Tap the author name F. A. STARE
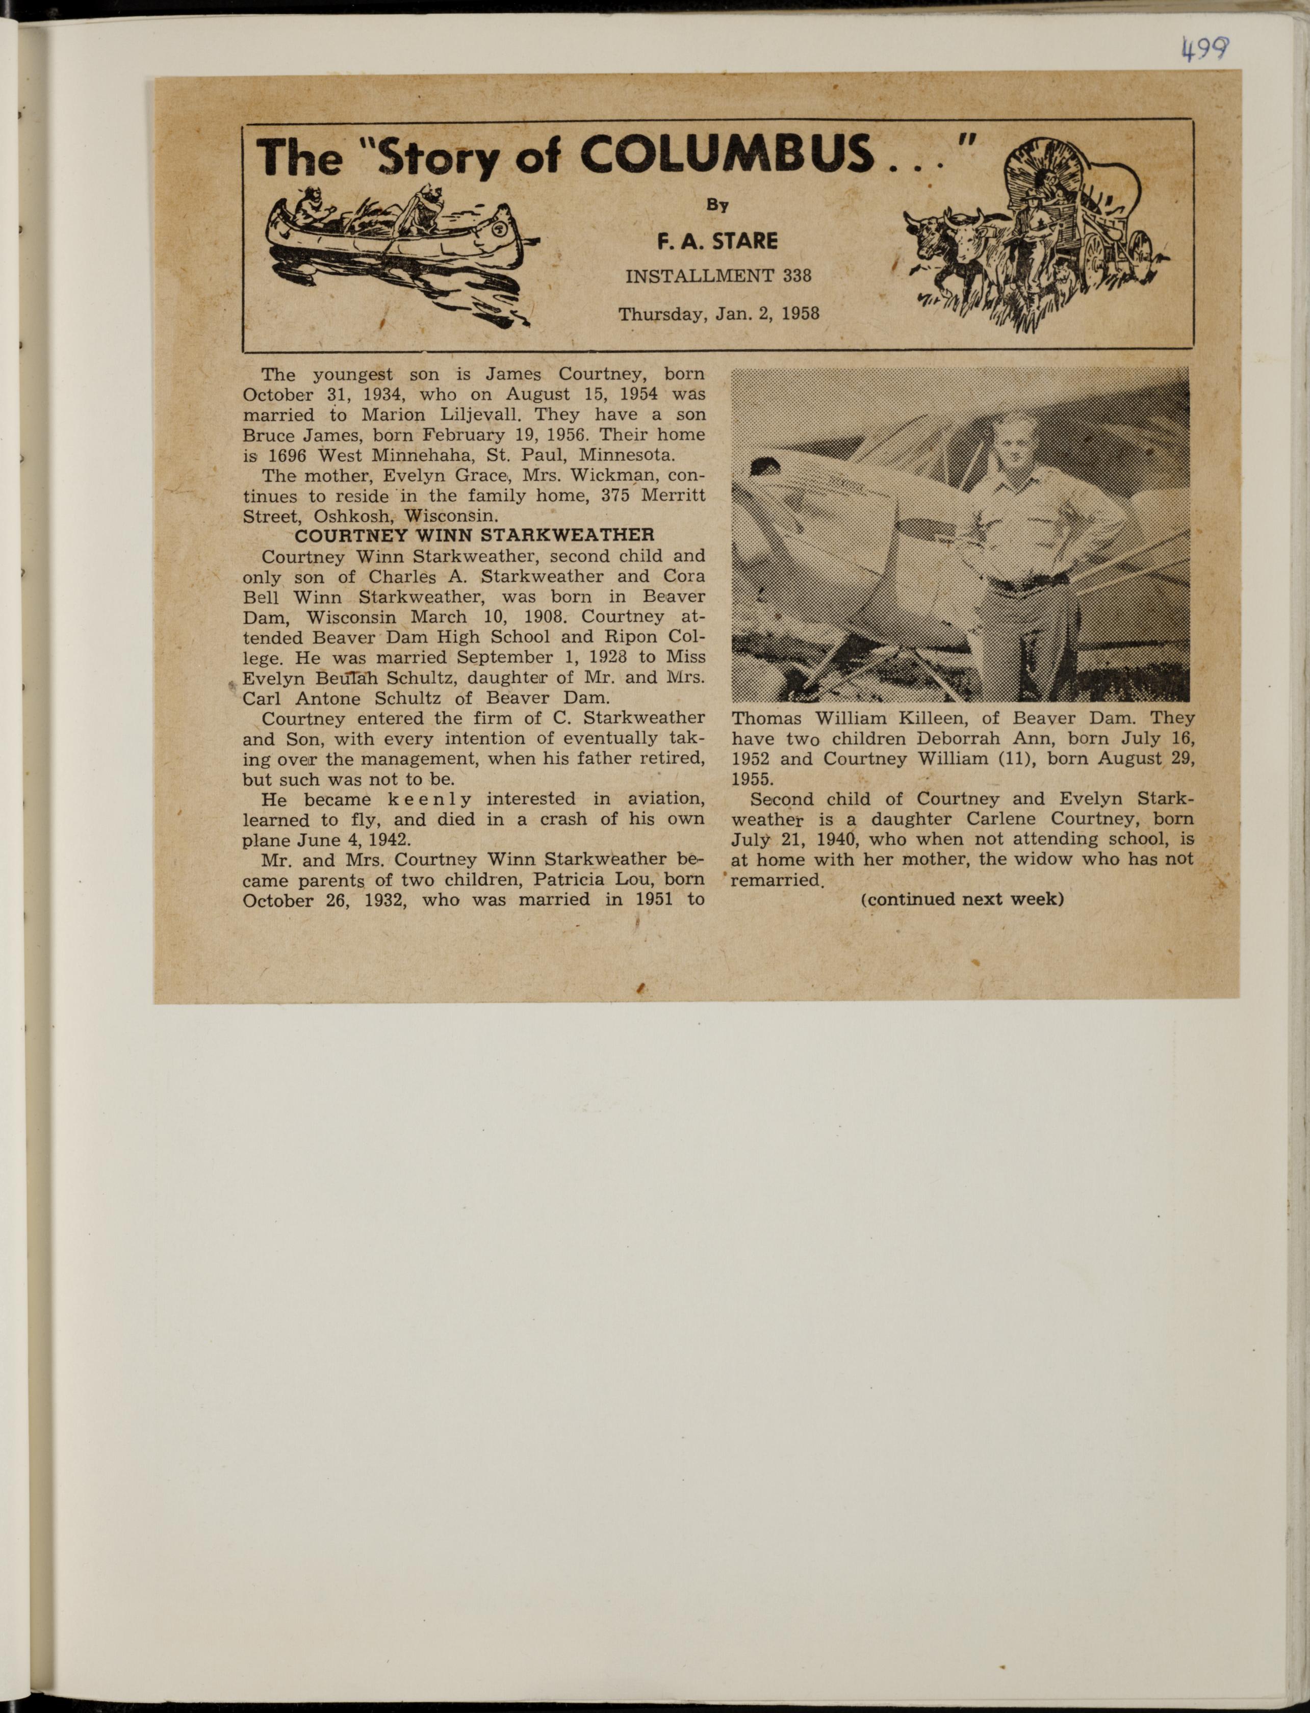[x=717, y=242]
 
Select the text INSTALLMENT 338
[x=718, y=275]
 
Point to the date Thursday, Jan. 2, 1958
[x=718, y=314]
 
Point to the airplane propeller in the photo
[x=764, y=468]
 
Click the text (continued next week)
[x=962, y=899]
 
